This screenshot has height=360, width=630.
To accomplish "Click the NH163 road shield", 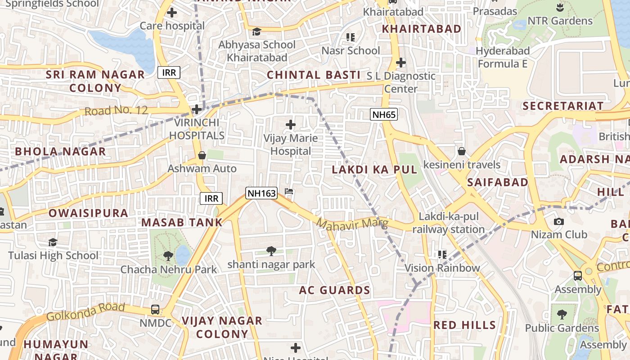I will point(261,193).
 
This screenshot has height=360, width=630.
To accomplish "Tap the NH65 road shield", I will point(384,114).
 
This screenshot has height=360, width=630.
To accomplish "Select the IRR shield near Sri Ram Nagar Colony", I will point(169,72).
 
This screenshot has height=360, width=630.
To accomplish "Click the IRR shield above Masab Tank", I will point(211,198).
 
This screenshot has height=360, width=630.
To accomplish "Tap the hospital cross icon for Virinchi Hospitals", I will point(197,109).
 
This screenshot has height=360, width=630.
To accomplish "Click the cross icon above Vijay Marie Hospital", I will point(291,124).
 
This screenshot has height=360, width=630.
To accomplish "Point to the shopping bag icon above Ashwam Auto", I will point(202,155).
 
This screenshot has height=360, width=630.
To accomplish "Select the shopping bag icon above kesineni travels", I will point(461,151).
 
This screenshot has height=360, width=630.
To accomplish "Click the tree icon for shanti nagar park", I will point(271,251).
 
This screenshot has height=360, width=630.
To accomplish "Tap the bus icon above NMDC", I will point(155,310).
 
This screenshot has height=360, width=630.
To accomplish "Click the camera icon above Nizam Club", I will point(559,221).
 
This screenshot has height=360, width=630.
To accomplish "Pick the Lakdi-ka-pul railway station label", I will point(448,223).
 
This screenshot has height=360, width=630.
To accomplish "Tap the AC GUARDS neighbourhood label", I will point(334,290).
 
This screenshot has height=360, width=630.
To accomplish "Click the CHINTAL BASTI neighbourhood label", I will point(314,75).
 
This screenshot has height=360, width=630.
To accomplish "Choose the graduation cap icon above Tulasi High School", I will point(53,243).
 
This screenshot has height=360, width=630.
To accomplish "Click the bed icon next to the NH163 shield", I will point(289,192).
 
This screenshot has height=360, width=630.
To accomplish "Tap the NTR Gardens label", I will point(560,21).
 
